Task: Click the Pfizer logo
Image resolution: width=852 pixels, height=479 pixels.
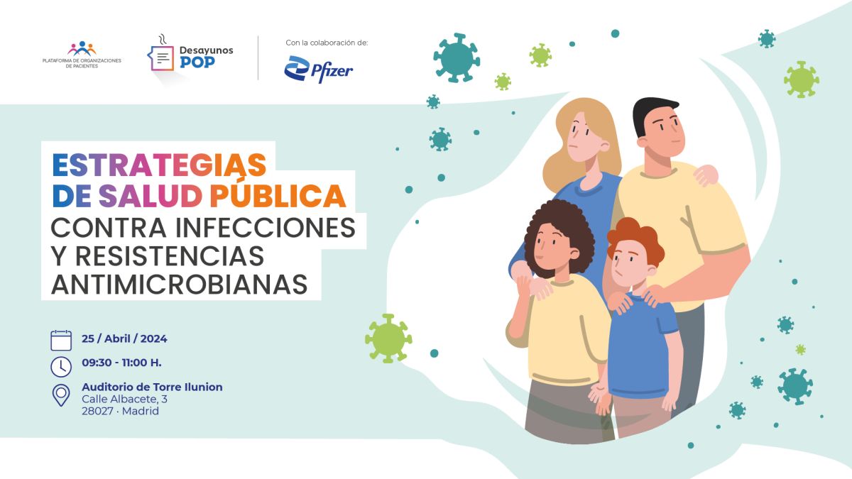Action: pyautogui.click(x=319, y=70)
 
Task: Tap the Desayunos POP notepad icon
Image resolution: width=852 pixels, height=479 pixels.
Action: pyautogui.click(x=161, y=57)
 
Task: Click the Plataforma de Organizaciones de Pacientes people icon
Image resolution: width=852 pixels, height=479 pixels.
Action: pyautogui.click(x=82, y=49)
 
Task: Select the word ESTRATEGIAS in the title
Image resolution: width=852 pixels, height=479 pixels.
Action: pyautogui.click(x=159, y=165)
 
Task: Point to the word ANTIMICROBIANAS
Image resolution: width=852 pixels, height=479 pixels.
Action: pyautogui.click(x=179, y=285)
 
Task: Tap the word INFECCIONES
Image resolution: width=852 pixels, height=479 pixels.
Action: pyautogui.click(x=265, y=228)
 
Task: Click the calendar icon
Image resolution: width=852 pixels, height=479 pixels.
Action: pyautogui.click(x=61, y=340)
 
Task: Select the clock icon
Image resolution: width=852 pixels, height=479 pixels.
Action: pyautogui.click(x=61, y=367)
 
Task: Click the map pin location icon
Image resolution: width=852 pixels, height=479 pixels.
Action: pyautogui.click(x=61, y=395)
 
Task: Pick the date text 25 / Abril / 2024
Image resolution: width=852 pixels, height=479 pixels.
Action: pyautogui.click(x=124, y=338)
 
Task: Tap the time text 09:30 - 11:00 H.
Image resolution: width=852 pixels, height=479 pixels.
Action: pyautogui.click(x=121, y=363)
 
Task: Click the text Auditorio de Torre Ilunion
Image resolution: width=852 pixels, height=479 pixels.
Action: pyautogui.click(x=152, y=387)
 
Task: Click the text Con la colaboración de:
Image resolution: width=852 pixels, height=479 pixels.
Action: pyautogui.click(x=327, y=43)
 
